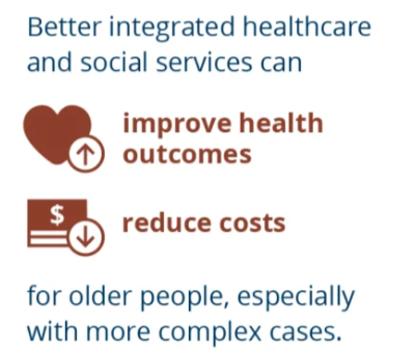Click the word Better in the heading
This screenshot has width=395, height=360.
(65, 27)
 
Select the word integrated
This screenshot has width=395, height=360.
(172, 29)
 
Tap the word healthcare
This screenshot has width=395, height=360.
(307, 27)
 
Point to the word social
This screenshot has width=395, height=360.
(114, 61)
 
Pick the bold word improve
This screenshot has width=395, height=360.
(177, 124)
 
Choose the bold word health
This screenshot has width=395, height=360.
(281, 123)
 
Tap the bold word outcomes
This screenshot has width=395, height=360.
(187, 154)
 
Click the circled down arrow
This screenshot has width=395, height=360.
(86, 237)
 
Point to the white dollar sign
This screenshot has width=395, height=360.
(57, 215)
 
